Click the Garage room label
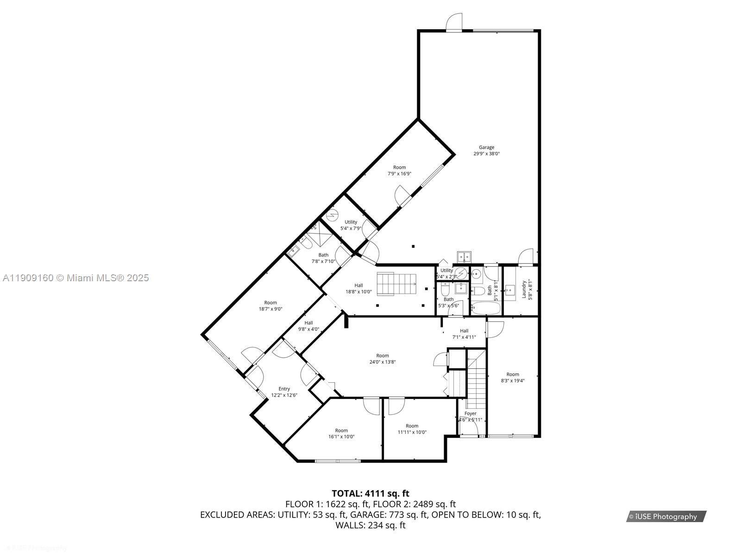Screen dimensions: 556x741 click(x=486, y=147)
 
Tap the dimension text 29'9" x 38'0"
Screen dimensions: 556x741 click(x=486, y=154)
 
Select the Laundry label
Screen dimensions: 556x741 click(x=524, y=289)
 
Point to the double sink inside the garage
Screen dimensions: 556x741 click(x=464, y=257)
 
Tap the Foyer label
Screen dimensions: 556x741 click(x=470, y=413)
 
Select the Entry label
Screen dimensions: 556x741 click(x=284, y=389)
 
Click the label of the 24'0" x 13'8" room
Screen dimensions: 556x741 click(x=383, y=356)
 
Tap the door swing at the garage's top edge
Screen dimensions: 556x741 click(x=454, y=21)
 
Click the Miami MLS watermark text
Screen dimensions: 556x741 click(x=75, y=278)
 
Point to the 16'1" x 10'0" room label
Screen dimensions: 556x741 click(x=341, y=430)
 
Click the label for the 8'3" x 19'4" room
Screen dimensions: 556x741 click(x=513, y=374)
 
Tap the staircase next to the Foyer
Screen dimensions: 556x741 click(x=476, y=378)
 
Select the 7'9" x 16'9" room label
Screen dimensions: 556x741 click(x=399, y=167)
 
